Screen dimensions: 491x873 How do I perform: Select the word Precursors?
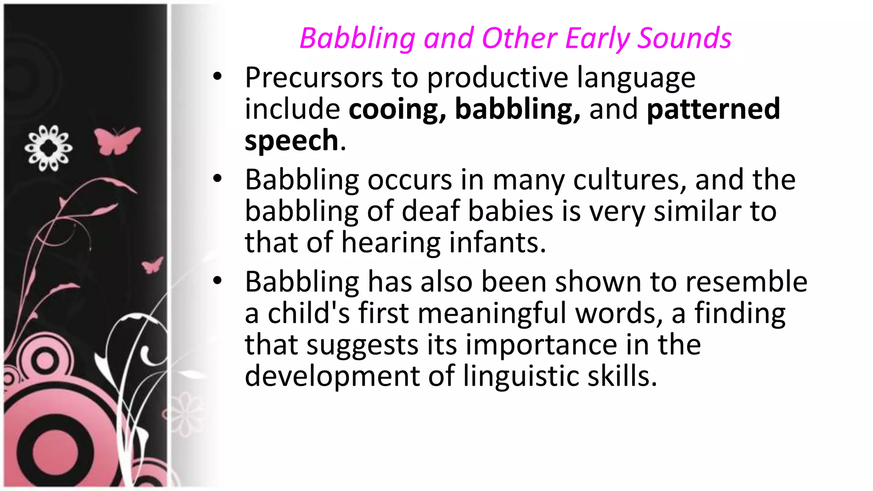coord(314,78)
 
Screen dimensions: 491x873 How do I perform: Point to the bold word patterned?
coord(713,109)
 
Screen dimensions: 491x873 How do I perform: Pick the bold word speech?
coord(292,141)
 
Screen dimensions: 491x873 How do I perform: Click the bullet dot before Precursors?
coord(218,77)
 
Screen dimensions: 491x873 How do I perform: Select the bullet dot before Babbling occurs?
coord(218,179)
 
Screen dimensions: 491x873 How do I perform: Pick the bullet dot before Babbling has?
coord(218,281)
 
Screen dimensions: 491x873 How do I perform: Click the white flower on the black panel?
coord(48,148)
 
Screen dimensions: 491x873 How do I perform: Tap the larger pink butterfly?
coord(116,140)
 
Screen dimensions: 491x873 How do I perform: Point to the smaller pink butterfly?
coord(152,265)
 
